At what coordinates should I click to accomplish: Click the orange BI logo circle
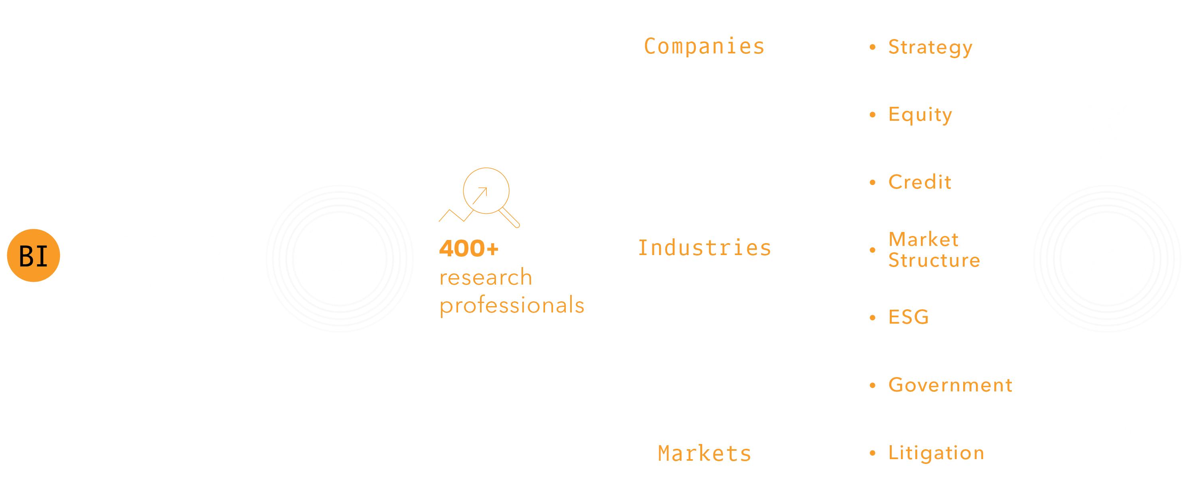(34, 255)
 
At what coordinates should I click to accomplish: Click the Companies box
(704, 47)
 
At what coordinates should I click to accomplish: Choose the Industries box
(704, 248)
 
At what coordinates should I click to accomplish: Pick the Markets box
(704, 453)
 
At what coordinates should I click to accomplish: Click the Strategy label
(930, 47)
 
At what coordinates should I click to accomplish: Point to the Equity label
(920, 115)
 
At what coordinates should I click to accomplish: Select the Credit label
(920, 182)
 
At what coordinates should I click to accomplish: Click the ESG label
(909, 318)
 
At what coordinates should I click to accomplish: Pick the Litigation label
(936, 453)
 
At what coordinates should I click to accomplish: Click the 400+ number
(469, 248)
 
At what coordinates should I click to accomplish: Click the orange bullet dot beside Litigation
(873, 453)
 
